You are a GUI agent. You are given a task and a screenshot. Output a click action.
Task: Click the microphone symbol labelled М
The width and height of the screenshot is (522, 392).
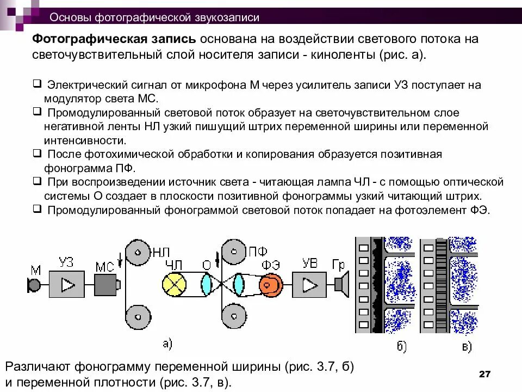point(34,284)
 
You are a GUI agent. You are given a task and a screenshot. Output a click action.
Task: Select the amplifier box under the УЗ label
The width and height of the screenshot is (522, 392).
point(67,284)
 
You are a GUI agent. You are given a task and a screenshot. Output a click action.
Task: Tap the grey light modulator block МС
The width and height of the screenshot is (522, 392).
point(107,284)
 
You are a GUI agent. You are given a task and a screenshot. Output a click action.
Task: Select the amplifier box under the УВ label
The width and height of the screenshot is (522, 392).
point(310,284)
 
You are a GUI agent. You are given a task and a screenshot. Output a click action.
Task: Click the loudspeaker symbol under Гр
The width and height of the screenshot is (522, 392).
point(341,284)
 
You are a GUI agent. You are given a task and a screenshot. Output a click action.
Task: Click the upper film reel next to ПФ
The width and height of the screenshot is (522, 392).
point(234,252)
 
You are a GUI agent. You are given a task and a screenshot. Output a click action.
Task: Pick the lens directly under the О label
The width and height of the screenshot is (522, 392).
point(207,284)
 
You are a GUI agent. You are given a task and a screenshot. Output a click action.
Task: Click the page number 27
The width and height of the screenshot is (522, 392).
point(485,374)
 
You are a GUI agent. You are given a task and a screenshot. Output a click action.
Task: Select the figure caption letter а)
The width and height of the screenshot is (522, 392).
point(167,343)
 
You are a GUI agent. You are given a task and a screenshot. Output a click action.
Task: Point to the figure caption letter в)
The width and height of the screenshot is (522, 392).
point(466,346)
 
